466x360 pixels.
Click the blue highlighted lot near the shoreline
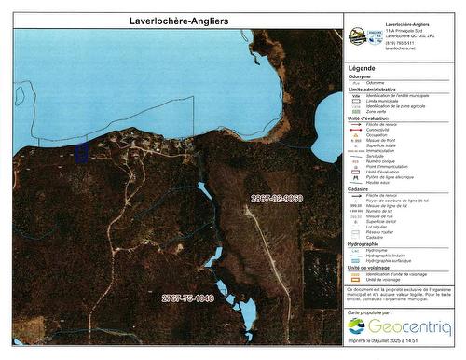pos(80,152)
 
